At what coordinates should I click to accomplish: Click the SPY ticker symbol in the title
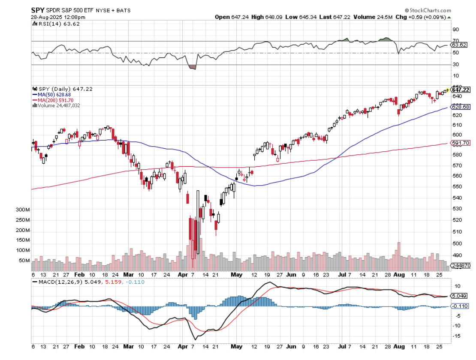37,10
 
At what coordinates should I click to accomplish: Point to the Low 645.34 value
295,17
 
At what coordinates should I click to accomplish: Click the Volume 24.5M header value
374,17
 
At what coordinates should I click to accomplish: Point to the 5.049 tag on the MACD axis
459,296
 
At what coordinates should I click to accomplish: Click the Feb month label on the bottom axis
79,273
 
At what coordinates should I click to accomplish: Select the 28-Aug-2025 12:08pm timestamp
58,17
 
